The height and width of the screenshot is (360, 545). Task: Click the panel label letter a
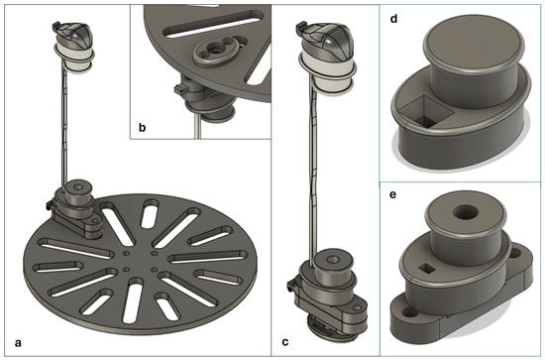pos(18,343)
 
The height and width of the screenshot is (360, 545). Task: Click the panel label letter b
pos(142,127)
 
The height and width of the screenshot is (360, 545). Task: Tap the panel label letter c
pos(285,342)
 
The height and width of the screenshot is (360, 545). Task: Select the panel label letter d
pos(393,19)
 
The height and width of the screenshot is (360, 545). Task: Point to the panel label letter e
pos(392,194)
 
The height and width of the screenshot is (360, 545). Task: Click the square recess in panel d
pos(425,111)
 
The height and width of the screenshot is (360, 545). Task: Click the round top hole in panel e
pos(466,212)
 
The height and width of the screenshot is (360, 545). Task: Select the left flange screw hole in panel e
pos(409,312)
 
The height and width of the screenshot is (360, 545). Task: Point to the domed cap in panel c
pos(325,37)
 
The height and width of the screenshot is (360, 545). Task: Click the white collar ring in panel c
pos(327,70)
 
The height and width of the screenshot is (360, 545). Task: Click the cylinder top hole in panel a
pos(78,187)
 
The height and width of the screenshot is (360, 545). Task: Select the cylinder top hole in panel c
pos(333,259)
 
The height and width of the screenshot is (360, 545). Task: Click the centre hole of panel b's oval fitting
pos(217,51)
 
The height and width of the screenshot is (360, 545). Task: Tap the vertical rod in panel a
pos(64,125)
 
